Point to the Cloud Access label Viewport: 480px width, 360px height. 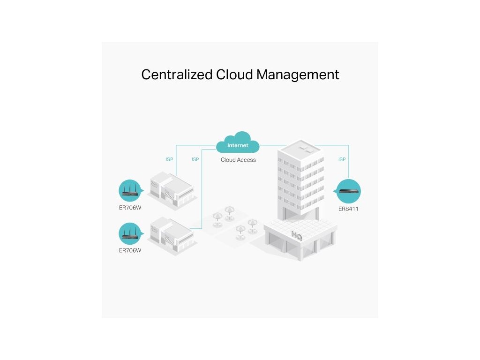tap(238, 160)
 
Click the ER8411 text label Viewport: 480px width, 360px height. tap(348, 209)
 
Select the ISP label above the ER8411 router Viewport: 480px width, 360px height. tap(342, 160)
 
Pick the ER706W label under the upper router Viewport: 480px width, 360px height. tap(130, 208)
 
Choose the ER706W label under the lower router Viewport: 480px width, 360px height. tap(130, 250)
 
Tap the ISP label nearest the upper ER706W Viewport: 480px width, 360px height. tap(169, 160)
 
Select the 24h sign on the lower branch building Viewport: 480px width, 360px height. tap(154, 228)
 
